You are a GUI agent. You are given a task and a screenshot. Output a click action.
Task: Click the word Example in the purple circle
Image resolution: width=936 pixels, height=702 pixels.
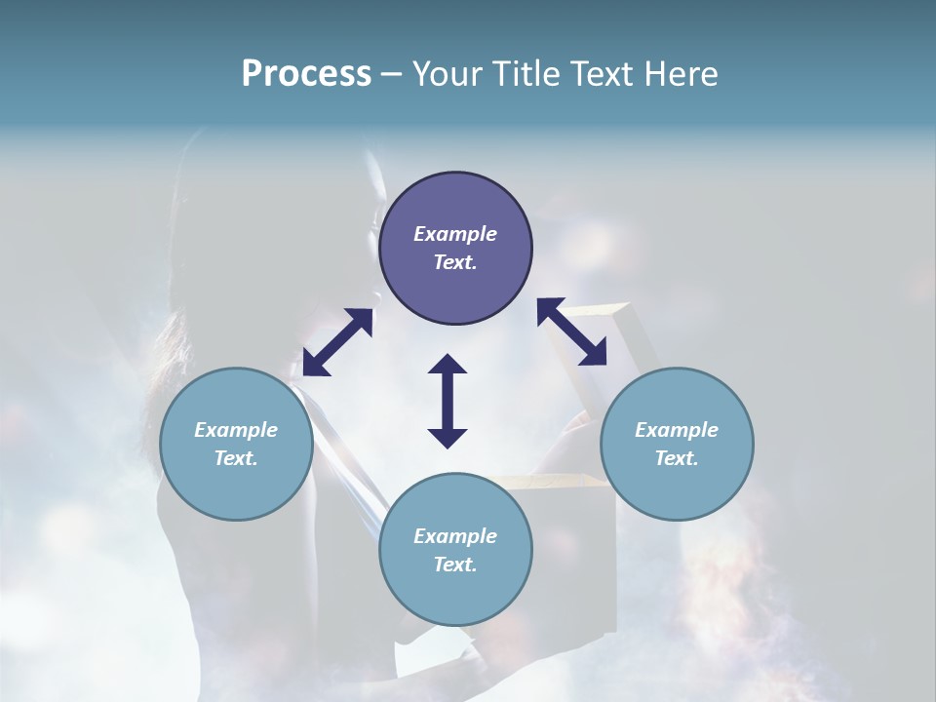(455, 234)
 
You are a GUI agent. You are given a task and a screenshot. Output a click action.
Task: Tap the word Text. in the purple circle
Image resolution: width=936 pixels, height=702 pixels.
(455, 263)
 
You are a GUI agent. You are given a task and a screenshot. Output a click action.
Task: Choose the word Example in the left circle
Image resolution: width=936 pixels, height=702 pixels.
(236, 430)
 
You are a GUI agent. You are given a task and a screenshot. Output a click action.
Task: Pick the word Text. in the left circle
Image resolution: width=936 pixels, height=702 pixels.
(236, 459)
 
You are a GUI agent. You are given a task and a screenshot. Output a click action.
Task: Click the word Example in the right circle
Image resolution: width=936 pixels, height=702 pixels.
(677, 430)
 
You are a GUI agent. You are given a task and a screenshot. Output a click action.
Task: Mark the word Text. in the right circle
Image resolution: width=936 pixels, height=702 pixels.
(677, 459)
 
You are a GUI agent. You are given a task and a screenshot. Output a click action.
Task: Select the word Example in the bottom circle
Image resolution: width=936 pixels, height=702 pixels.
(455, 536)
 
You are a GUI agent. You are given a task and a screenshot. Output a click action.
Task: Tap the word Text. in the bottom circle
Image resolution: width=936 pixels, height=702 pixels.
(455, 565)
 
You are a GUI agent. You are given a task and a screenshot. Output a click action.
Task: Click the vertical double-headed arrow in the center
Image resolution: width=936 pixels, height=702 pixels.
(448, 401)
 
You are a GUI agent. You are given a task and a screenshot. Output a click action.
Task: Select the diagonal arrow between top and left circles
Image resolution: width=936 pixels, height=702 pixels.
(337, 342)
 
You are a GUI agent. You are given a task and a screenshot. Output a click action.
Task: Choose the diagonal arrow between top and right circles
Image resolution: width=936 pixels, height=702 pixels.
(572, 332)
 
